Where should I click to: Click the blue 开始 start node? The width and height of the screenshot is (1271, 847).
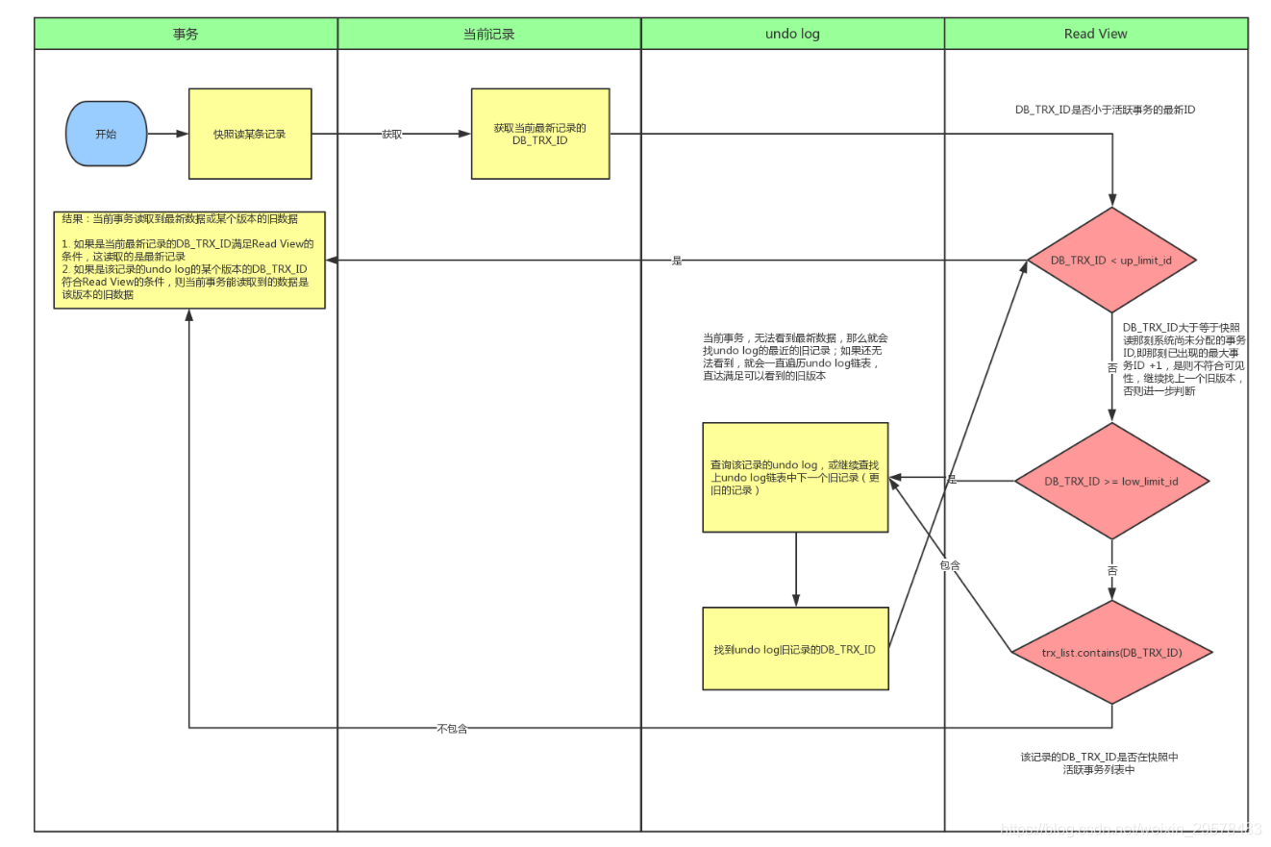coord(106,135)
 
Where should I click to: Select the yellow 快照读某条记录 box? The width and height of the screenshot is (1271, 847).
coord(250,134)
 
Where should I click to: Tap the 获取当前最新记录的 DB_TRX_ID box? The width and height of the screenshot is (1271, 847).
coord(540,134)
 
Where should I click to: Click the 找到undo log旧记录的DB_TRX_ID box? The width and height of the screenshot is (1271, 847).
coord(795,649)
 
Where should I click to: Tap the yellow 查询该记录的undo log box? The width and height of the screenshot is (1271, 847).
coord(795,477)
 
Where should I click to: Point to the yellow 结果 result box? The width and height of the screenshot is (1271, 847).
coord(189,260)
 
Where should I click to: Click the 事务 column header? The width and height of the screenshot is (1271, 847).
coord(186,34)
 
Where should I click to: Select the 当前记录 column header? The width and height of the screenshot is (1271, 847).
coord(489,34)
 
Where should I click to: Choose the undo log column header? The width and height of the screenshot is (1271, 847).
coord(792,34)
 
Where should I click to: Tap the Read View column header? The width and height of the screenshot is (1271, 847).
coord(1095,34)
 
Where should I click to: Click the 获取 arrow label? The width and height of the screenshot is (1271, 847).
coord(391,135)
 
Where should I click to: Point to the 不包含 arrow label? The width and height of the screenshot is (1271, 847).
coord(451,729)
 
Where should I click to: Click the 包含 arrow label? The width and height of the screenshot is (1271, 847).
coord(950,565)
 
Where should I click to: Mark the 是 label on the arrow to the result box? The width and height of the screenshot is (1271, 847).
coord(677,261)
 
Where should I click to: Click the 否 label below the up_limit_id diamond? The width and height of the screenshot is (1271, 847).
coord(1112,367)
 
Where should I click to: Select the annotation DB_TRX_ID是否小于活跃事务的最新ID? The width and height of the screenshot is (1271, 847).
coord(1105,111)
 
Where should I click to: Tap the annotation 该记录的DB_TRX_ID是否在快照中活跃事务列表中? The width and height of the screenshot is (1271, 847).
coord(1099,763)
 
